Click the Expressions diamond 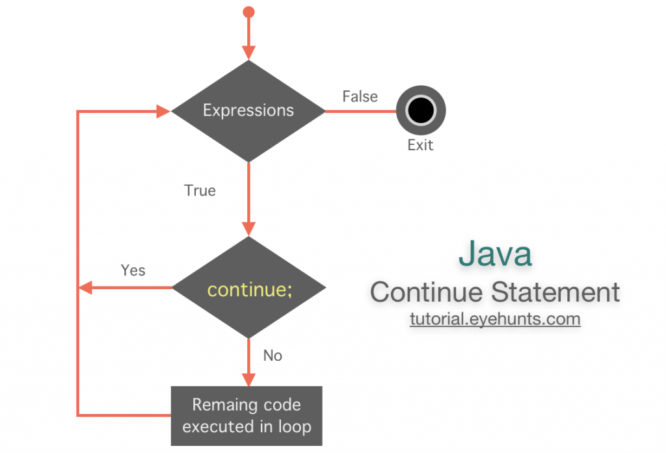248,111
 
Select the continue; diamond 248,288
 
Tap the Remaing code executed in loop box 246,416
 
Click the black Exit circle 420,111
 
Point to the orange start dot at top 248,12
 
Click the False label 360,97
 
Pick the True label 200,191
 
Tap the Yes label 133,270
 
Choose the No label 273,356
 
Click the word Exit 420,145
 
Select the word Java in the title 495,254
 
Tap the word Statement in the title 555,292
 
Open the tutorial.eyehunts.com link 495,320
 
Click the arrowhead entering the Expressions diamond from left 163,111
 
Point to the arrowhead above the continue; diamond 248,228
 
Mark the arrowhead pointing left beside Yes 85,288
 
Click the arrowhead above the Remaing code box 248,379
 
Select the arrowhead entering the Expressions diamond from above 248,53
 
